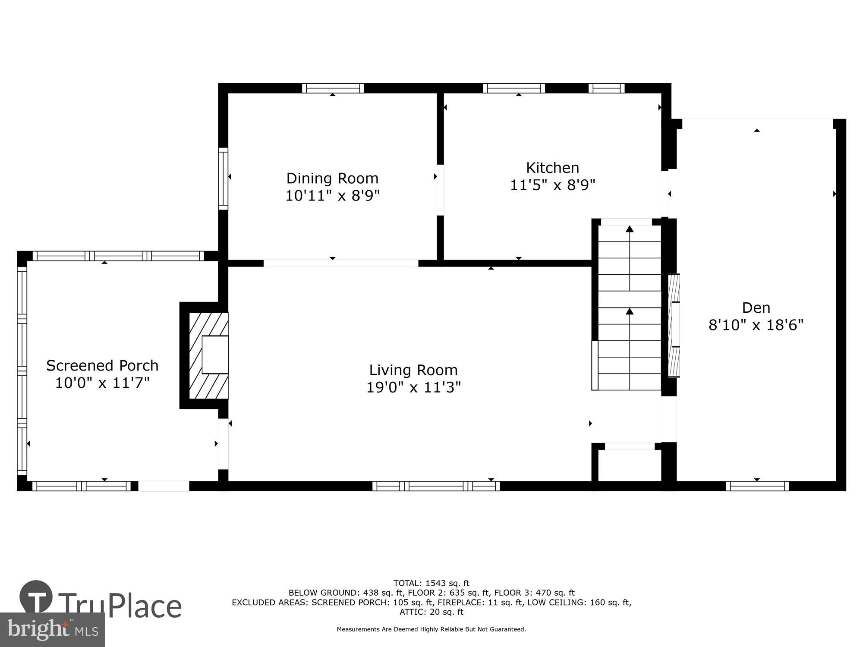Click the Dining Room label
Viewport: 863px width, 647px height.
[x=332, y=178]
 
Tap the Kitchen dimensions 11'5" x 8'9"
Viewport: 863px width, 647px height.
[x=552, y=185]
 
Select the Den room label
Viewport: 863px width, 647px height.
[x=756, y=308]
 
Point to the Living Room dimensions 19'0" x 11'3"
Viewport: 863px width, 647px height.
[x=413, y=387]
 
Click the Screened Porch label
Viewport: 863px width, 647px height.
[x=102, y=365]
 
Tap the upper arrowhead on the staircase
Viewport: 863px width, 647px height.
[x=630, y=229]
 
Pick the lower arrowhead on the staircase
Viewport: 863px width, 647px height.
[x=630, y=311]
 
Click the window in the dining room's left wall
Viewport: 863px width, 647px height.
[x=223, y=179]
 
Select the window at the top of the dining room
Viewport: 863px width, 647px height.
[x=333, y=88]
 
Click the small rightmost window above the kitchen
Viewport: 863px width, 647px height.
[x=606, y=88]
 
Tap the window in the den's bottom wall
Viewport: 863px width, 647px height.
[x=757, y=486]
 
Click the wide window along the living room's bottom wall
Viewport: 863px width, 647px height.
[x=436, y=486]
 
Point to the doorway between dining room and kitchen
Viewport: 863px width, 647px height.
[x=440, y=190]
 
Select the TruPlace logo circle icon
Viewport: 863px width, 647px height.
[x=36, y=597]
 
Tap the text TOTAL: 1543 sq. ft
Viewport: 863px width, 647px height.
[x=431, y=584]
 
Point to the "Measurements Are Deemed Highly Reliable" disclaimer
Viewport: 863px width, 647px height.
[x=431, y=629]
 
